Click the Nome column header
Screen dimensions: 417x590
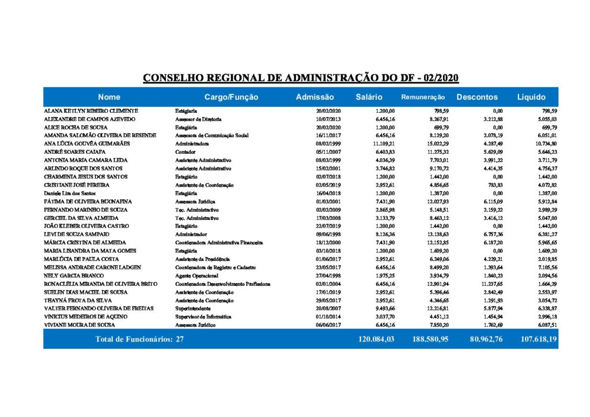(x=109, y=97)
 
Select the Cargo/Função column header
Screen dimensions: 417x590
(x=231, y=97)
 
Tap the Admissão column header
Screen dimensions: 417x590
(x=315, y=97)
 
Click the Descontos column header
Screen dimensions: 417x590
(x=477, y=97)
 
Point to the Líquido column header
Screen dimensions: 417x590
(x=531, y=97)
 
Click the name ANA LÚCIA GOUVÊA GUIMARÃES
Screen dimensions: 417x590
(x=87, y=143)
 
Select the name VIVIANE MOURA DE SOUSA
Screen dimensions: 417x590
(x=78, y=325)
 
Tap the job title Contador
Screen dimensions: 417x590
(x=186, y=151)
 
